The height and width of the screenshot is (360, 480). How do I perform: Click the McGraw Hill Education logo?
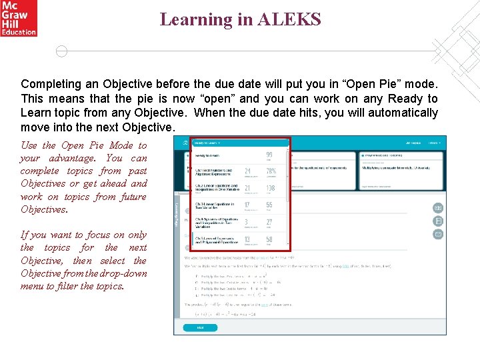pos(18,18)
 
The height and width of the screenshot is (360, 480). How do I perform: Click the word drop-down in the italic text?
pos(125,273)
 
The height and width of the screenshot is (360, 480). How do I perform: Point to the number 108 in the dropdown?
pos(271,189)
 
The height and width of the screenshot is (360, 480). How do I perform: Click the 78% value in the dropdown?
pos(270,172)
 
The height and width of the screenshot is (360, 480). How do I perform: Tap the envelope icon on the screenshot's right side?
pos(438,234)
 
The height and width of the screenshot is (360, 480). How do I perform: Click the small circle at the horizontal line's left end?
pos(61,51)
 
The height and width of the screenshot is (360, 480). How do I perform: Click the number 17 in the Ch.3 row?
pos(247,206)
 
